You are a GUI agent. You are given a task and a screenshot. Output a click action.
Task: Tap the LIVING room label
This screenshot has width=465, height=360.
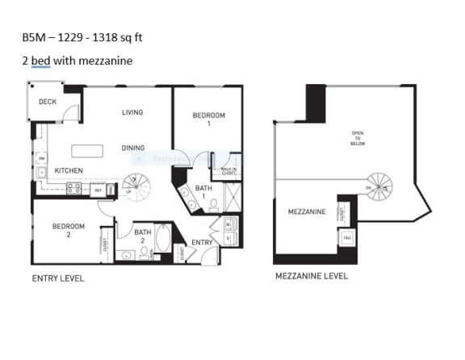pyautogui.click(x=132, y=112)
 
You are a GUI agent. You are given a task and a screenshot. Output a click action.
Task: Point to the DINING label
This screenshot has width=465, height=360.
pyautogui.click(x=133, y=148)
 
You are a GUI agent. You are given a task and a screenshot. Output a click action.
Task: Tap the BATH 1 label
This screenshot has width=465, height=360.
pyautogui.click(x=203, y=192)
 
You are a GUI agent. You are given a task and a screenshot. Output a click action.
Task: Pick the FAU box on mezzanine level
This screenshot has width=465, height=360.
pyautogui.click(x=346, y=239)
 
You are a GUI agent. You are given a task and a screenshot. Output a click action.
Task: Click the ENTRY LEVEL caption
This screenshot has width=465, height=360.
pyautogui.click(x=57, y=278)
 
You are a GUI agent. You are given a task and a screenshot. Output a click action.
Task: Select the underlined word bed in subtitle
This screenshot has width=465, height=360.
pyautogui.click(x=40, y=61)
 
